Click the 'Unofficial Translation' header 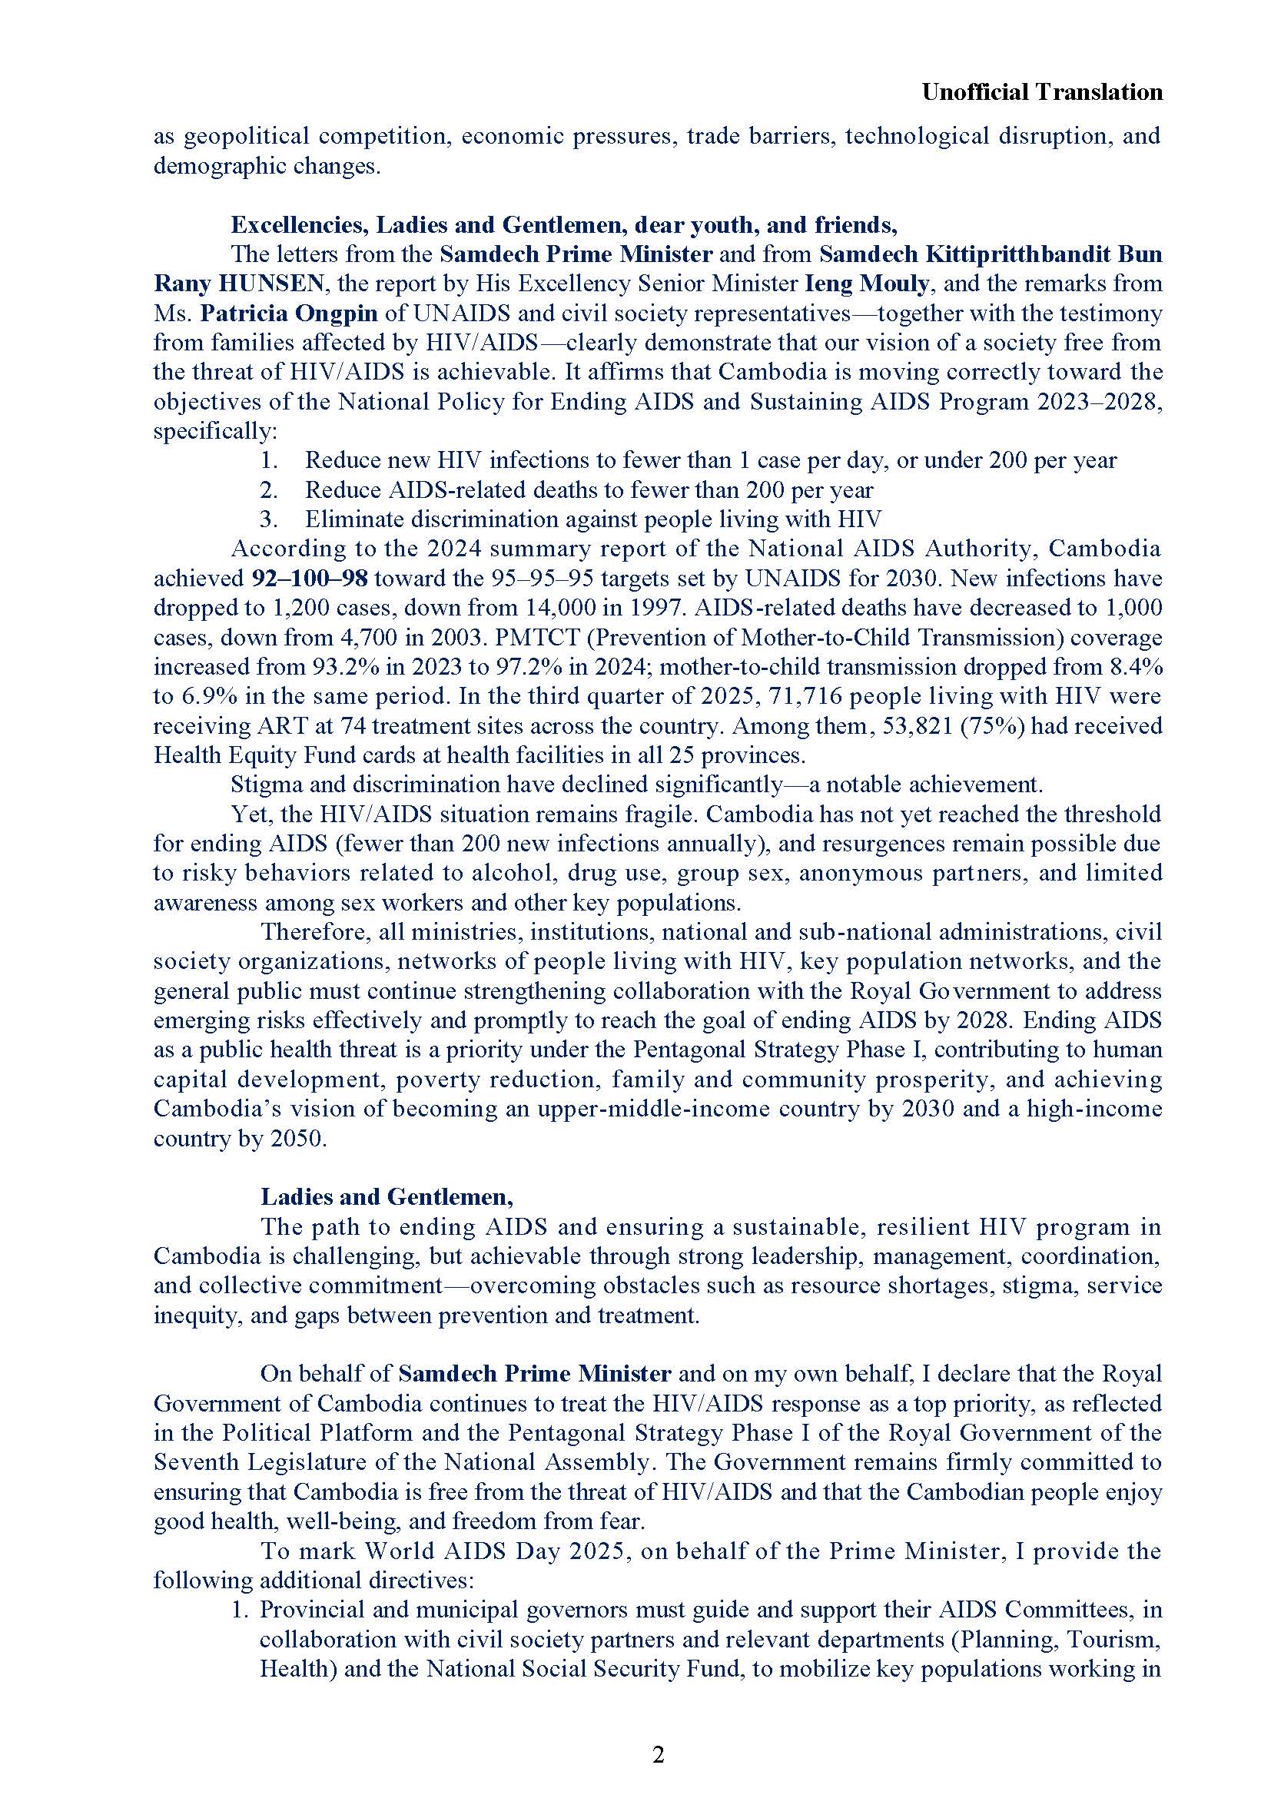pyautogui.click(x=1041, y=92)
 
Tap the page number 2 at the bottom pyautogui.click(x=658, y=1754)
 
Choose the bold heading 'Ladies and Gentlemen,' pyautogui.click(x=387, y=1196)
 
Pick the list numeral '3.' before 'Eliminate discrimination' pyautogui.click(x=270, y=519)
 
